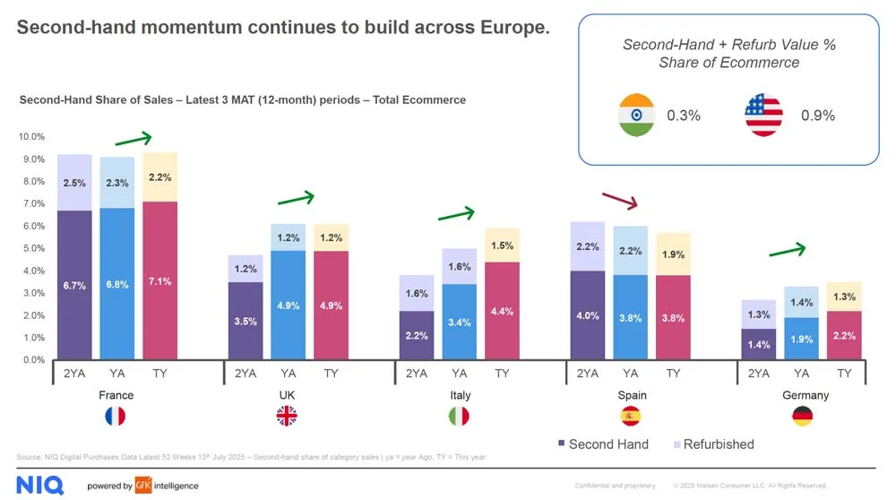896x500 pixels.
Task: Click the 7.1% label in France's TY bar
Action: pos(160,281)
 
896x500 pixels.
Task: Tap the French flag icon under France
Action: pos(116,416)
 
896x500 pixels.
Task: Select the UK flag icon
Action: pos(287,416)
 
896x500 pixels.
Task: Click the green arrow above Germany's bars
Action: pos(788,250)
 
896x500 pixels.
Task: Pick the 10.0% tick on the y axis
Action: pos(31,137)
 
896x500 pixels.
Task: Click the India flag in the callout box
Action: pos(637,116)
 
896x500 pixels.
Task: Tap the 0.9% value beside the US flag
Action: pos(818,116)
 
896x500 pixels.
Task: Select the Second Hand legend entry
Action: pos(602,444)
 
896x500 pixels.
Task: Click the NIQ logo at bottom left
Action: pos(40,485)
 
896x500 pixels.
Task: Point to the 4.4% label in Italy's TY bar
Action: pos(503,311)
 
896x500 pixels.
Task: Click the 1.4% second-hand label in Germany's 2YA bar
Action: pos(759,344)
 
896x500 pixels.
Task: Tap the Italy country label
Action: pos(460,395)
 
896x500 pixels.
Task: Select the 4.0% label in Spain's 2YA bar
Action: pos(588,316)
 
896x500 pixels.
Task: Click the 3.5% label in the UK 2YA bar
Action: pos(245,322)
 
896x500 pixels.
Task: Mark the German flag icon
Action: pos(803,416)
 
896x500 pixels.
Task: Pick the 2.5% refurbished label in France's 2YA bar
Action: pos(74,183)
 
